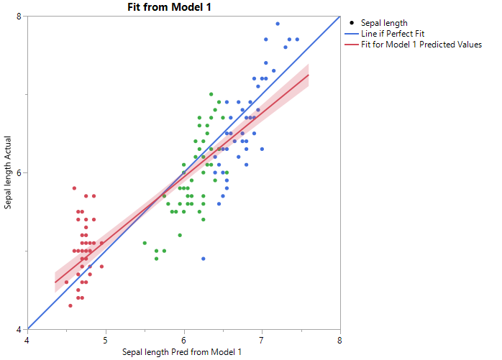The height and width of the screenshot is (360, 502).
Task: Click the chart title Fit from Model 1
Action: pos(183,7)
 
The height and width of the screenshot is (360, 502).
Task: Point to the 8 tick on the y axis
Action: pos(21,16)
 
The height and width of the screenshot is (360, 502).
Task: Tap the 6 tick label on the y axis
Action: pos(21,172)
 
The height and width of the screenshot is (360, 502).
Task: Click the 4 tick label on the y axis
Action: pos(21,329)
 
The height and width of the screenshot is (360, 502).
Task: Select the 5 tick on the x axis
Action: pos(106,339)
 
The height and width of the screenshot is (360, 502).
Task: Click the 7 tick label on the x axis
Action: pos(262,339)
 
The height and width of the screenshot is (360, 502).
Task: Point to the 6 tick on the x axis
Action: pos(184,339)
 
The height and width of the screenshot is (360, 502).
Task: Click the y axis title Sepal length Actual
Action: pos(8,172)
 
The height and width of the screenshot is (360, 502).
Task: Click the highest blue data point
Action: pos(278,24)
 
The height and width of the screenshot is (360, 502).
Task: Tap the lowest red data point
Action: pos(70,305)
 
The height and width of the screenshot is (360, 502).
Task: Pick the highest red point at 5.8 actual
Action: pos(74,188)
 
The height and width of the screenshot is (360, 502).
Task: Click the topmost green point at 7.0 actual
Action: pos(211,94)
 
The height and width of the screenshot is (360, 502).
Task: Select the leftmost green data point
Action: pos(145,243)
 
